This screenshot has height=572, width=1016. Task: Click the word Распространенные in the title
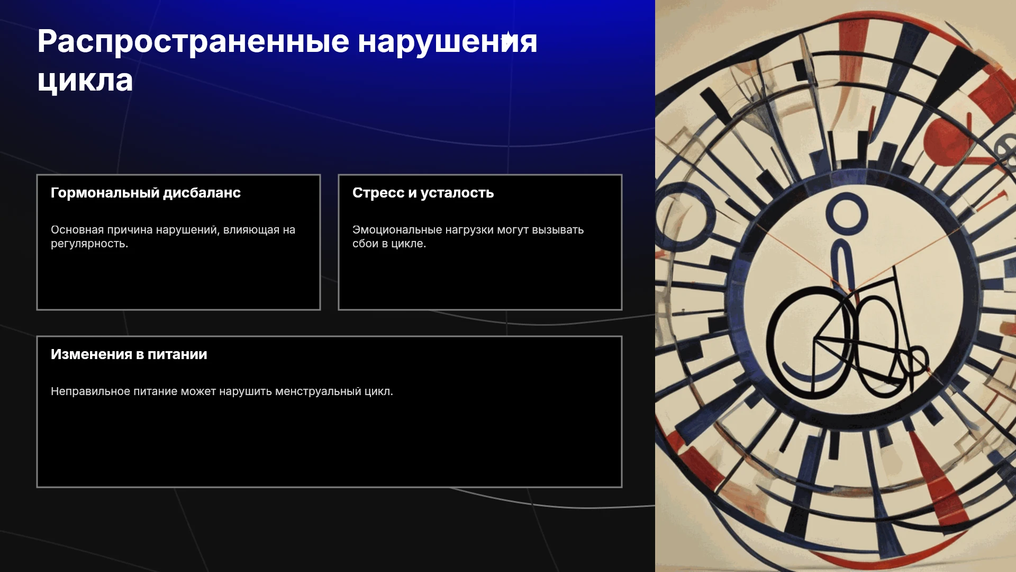pyautogui.click(x=193, y=42)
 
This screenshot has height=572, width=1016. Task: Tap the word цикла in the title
pyautogui.click(x=85, y=81)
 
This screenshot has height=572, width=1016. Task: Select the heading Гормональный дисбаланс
pyautogui.click(x=146, y=193)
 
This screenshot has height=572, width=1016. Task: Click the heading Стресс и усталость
pyautogui.click(x=423, y=193)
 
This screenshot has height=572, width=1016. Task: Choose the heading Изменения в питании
pyautogui.click(x=129, y=354)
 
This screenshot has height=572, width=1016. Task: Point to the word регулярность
pyautogui.click(x=89, y=244)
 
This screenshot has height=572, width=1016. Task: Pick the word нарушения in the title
pyautogui.click(x=448, y=42)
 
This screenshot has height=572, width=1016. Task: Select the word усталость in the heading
pyautogui.click(x=457, y=193)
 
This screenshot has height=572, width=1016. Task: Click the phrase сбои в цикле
pyautogui.click(x=389, y=244)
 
